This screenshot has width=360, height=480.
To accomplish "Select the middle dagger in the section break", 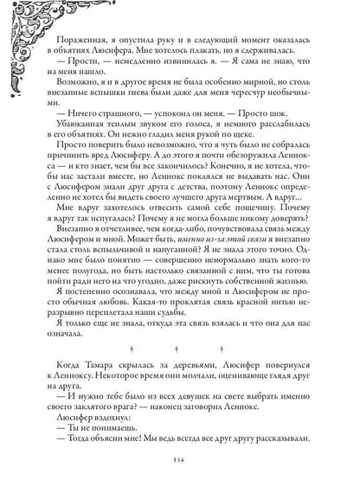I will pyautogui.click(x=180, y=350).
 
